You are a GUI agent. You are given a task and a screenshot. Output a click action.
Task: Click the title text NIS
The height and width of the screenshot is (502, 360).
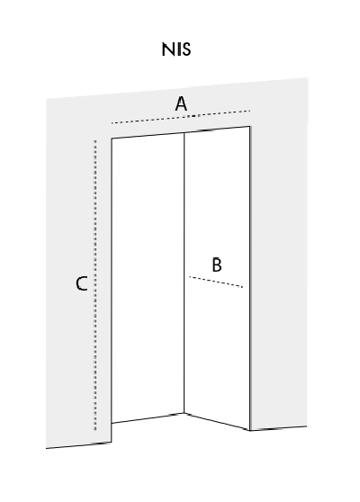tap(176, 49)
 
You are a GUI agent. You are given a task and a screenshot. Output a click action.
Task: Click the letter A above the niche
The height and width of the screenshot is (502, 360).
tap(181, 103)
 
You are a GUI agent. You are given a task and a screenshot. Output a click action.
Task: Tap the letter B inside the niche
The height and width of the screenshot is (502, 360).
tap(217, 264)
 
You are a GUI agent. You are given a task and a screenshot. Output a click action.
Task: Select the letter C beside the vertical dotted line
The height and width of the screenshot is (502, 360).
tap(82, 283)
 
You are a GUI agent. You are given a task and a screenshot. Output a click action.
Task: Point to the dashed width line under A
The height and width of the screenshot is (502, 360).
tap(181, 117)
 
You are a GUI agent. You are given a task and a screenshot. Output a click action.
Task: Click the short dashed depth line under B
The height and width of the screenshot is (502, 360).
tap(216, 282)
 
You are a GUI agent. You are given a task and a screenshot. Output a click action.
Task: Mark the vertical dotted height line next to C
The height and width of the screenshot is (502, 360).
tap(94, 285)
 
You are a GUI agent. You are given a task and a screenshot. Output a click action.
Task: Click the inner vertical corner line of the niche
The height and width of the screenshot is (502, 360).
tap(184, 273)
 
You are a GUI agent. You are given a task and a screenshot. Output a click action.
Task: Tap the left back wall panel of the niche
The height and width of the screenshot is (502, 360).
tap(148, 278)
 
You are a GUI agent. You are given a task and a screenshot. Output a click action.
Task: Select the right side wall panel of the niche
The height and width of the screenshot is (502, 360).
tap(217, 278)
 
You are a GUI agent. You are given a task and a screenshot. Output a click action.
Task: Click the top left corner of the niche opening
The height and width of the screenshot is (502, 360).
tap(112, 139)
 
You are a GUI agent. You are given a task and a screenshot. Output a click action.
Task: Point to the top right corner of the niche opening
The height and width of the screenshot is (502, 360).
tap(250, 127)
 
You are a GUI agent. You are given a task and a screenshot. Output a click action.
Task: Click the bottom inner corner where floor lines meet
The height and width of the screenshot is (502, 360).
tap(184, 413)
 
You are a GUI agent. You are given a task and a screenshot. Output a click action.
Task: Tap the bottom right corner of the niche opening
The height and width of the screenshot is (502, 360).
tap(249, 430)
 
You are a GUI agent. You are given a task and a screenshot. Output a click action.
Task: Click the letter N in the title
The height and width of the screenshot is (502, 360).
tap(167, 49)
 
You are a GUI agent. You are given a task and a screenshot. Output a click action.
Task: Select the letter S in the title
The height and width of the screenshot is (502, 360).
tap(186, 49)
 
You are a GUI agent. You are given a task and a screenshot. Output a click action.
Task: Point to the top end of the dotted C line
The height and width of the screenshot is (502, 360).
tap(94, 140)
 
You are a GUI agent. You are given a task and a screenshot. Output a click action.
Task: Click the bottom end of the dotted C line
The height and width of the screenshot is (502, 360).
tap(94, 430)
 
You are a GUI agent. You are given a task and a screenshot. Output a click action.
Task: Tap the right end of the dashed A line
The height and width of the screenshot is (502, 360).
tap(250, 111)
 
